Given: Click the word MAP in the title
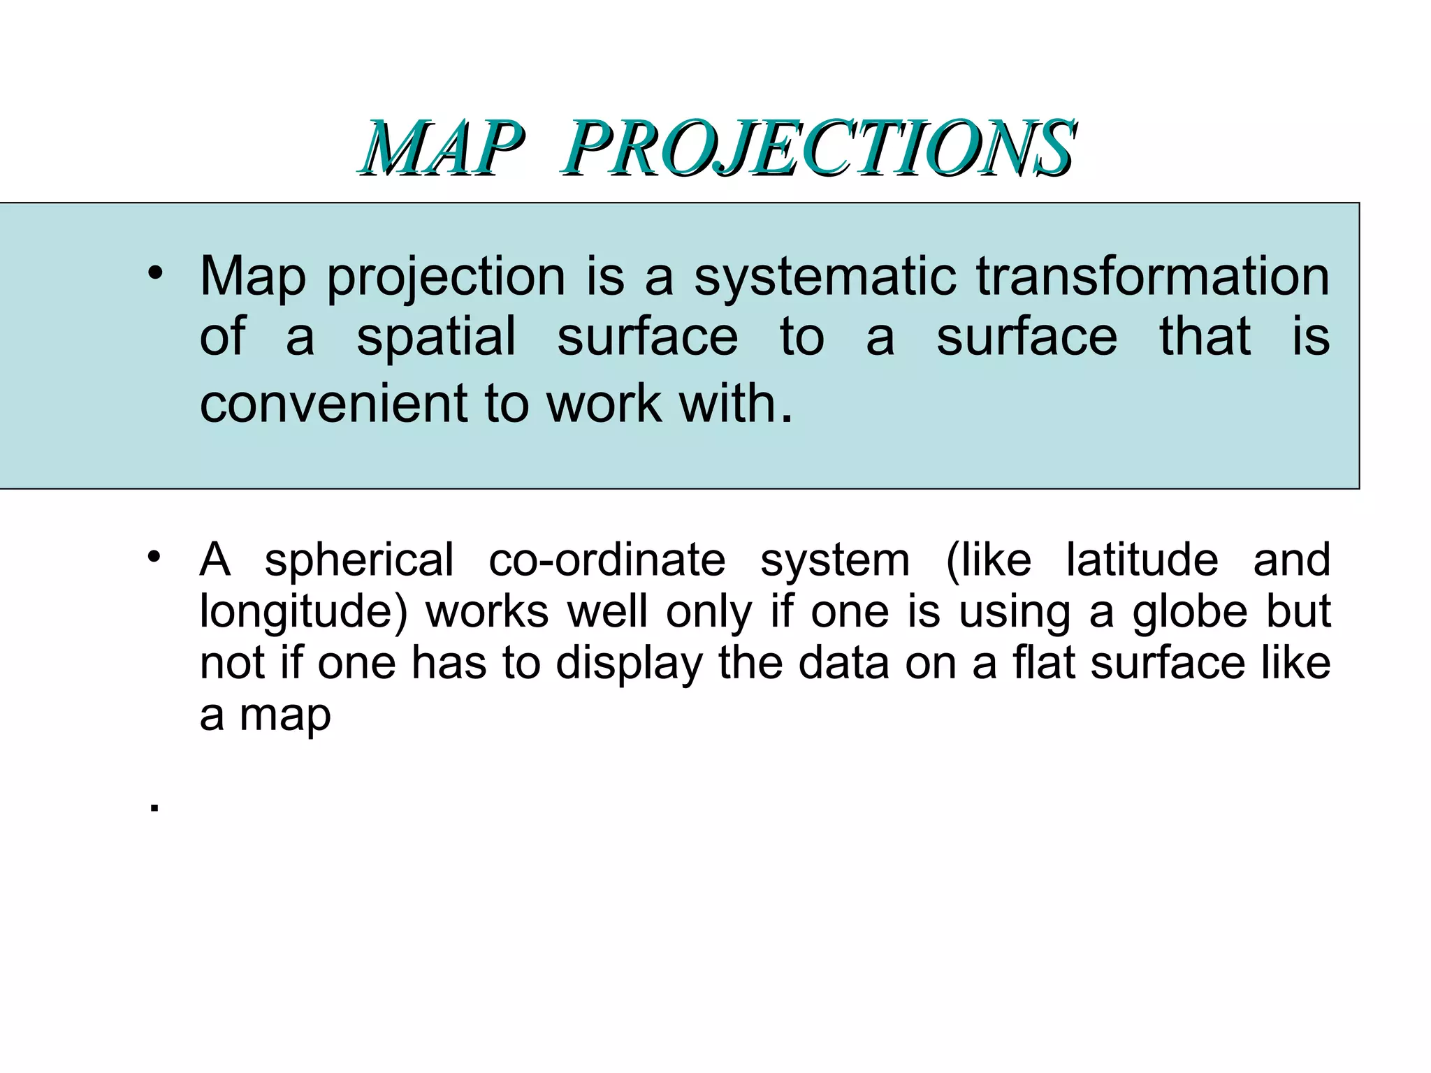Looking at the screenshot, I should [x=442, y=148].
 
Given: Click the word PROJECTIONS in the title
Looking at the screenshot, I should [x=818, y=148].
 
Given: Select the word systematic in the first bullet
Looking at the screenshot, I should [x=825, y=277].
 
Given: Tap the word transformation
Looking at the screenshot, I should [x=1152, y=277].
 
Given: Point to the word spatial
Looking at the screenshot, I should [x=436, y=337].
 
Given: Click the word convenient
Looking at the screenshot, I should [x=333, y=404].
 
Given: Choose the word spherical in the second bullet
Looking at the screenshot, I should [x=359, y=560].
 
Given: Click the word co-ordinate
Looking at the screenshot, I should [x=606, y=560].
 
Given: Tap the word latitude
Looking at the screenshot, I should [x=1142, y=560].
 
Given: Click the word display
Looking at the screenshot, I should [x=629, y=664].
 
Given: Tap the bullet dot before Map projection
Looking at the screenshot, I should [x=154, y=274].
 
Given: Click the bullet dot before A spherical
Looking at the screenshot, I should [x=154, y=557].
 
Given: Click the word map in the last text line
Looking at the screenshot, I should [x=285, y=715].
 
